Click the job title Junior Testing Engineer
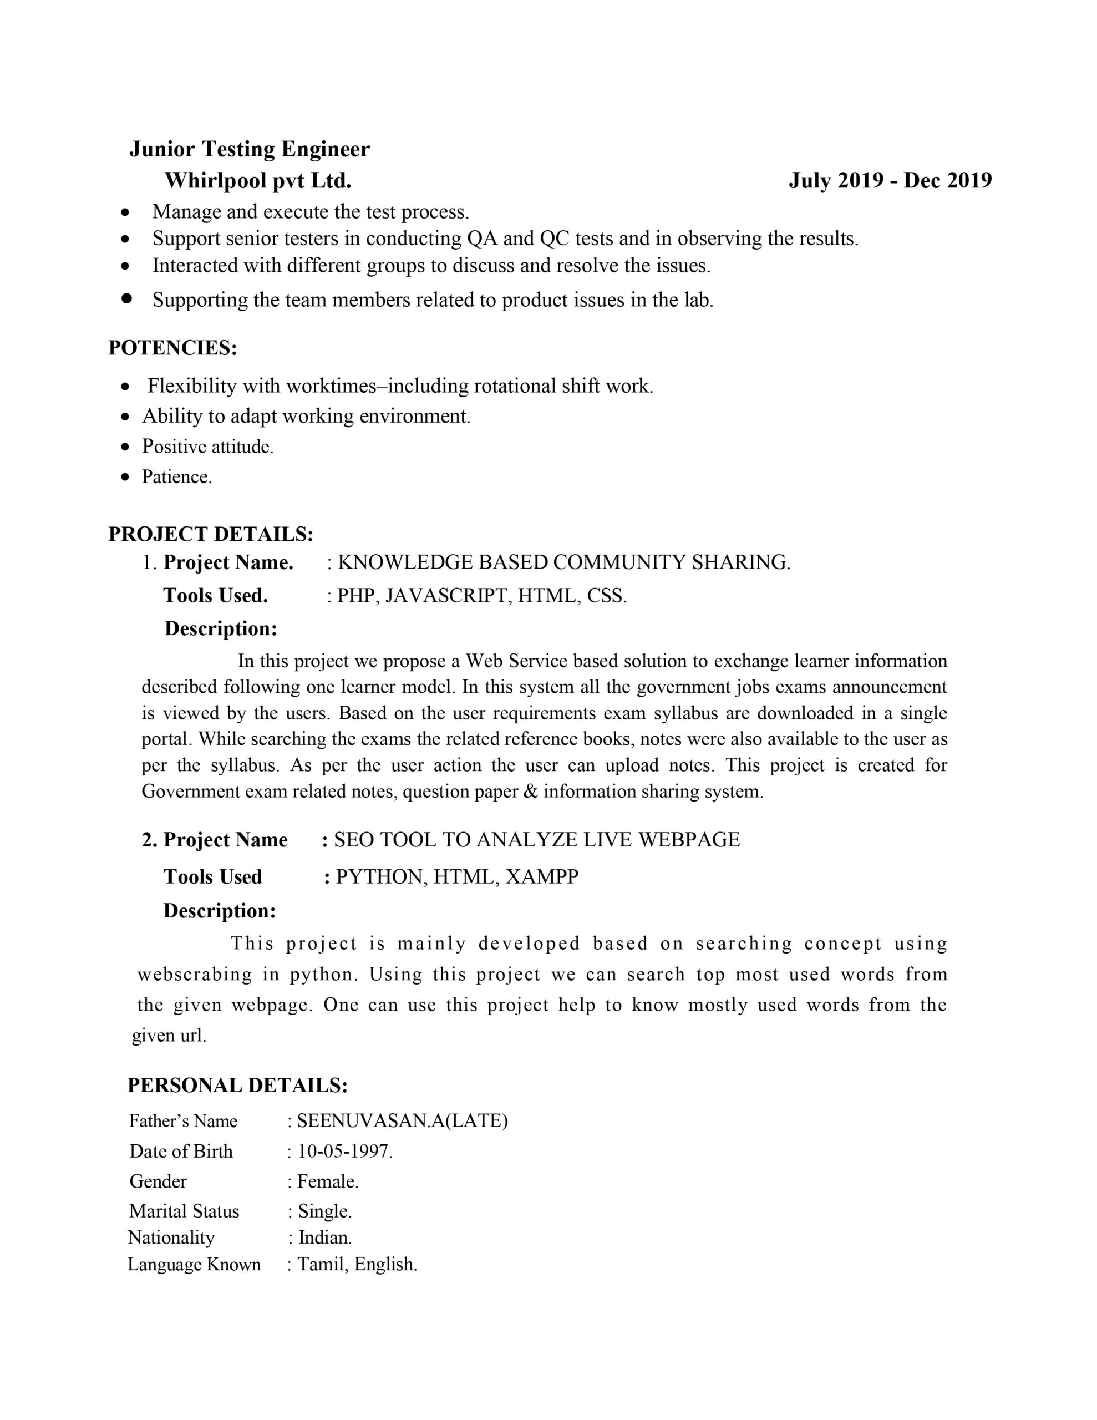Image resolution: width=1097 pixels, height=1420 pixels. click(x=249, y=150)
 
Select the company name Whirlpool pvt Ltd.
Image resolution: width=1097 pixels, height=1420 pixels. click(x=257, y=181)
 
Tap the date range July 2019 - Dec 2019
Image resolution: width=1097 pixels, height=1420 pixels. click(x=890, y=181)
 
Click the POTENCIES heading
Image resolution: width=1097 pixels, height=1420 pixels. click(x=172, y=348)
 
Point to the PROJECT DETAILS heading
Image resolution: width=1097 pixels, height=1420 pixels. click(x=211, y=535)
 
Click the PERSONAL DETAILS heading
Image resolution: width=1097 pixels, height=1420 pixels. click(x=237, y=1085)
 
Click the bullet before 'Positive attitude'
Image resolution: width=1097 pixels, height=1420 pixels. click(x=126, y=447)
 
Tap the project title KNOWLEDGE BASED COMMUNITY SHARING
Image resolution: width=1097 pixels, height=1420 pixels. click(x=563, y=562)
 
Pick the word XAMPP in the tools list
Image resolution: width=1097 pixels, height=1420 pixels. click(x=542, y=877)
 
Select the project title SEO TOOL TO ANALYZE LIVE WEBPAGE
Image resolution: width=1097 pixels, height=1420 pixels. click(x=536, y=840)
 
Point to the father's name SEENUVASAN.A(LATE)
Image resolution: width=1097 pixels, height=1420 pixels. click(x=402, y=1121)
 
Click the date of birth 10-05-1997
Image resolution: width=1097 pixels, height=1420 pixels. click(x=344, y=1152)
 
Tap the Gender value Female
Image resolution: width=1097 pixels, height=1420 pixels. click(x=327, y=1181)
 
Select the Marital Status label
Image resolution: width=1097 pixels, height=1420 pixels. click(x=184, y=1211)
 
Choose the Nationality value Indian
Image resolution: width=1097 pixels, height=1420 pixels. click(x=324, y=1238)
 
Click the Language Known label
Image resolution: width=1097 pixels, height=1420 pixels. click(x=194, y=1265)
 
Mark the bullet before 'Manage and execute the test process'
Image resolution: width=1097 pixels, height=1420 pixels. click(x=126, y=212)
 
